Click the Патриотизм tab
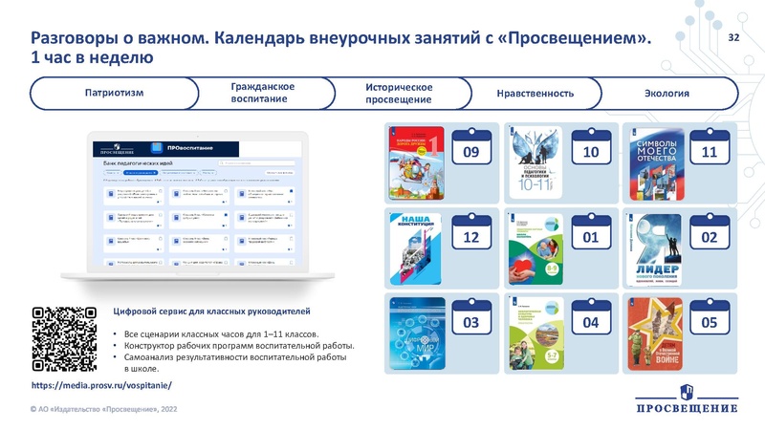pos(114,94)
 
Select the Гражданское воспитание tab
pos(262,94)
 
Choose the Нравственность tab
pos(535,94)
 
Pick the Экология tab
pos(667,94)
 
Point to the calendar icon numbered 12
pos(470,235)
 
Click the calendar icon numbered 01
pos(590,235)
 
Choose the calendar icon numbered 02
pos(709,235)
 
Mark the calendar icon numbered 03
pos(470,321)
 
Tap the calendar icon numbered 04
pos(590,321)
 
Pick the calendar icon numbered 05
pos(709,321)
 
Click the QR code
pos(64,339)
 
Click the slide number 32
pos(734,37)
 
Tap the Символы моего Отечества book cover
pos(655,161)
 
